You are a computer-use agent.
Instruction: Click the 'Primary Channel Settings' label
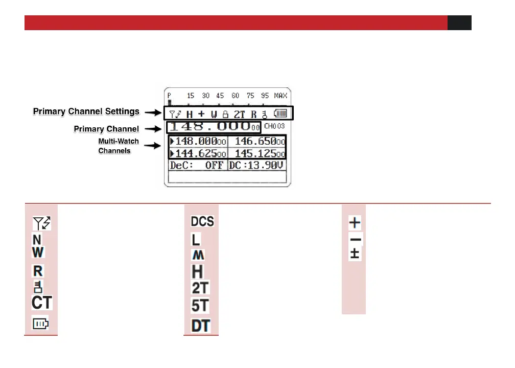point(86,111)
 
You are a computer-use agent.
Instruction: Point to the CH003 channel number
point(274,126)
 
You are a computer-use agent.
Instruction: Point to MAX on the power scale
point(280,96)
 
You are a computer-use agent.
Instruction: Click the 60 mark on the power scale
point(236,96)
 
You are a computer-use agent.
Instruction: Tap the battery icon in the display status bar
point(281,113)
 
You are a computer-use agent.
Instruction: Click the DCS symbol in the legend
point(202,221)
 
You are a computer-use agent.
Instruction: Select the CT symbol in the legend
point(42,302)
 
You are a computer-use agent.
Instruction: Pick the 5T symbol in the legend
point(201,306)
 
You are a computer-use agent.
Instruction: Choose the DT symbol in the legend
point(201,325)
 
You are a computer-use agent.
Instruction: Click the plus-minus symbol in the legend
point(356,254)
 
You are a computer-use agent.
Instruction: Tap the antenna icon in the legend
point(41,223)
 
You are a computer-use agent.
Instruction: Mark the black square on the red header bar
point(459,23)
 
